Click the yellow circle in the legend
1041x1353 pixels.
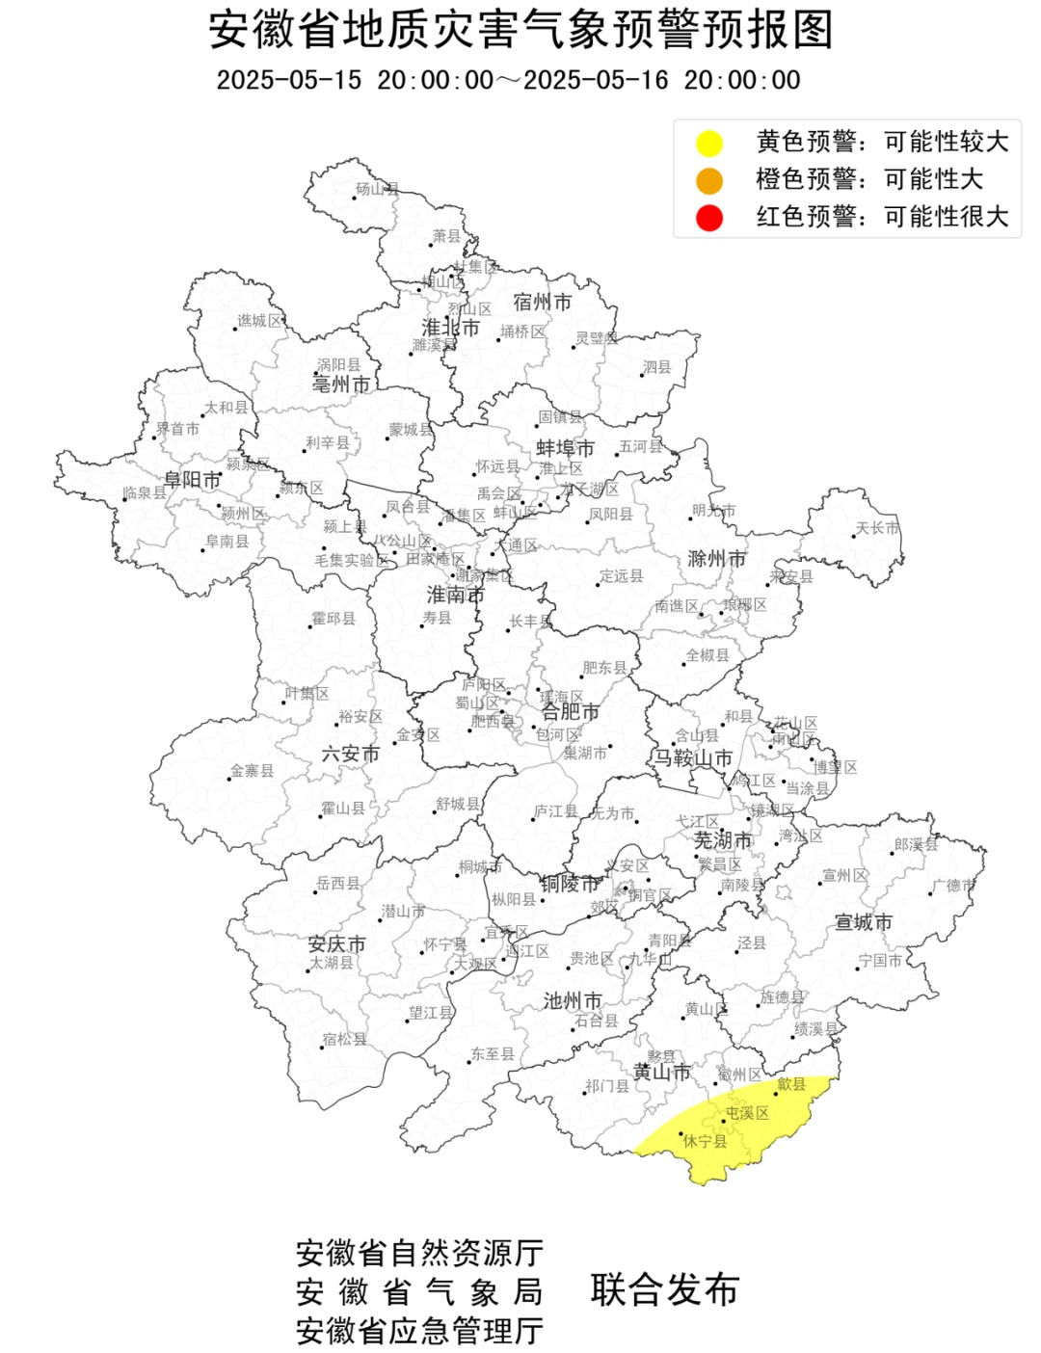[x=709, y=144]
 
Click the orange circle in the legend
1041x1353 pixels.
[x=709, y=180]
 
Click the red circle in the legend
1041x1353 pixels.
[x=709, y=218]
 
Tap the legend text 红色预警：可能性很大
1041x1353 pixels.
[x=881, y=217]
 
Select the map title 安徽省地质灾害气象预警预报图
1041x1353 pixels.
[x=520, y=30]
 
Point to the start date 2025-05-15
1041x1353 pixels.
[x=288, y=80]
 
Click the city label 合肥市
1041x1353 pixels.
[x=570, y=711]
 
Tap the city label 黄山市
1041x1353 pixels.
[x=661, y=1072]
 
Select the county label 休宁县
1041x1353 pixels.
[x=705, y=1141]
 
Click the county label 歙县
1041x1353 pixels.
[x=791, y=1084]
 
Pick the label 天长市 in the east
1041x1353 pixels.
[x=877, y=528]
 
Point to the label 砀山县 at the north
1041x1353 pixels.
[x=377, y=189]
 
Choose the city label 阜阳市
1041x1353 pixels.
[x=193, y=479]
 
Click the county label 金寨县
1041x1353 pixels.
[x=252, y=771]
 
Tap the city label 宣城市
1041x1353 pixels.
[x=863, y=922]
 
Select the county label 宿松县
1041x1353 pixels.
[x=344, y=1039]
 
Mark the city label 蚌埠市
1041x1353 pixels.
[x=565, y=448]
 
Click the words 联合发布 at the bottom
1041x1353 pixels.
[x=664, y=1289]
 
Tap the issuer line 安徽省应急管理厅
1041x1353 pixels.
[x=419, y=1331]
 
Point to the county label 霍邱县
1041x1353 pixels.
[x=334, y=619]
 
